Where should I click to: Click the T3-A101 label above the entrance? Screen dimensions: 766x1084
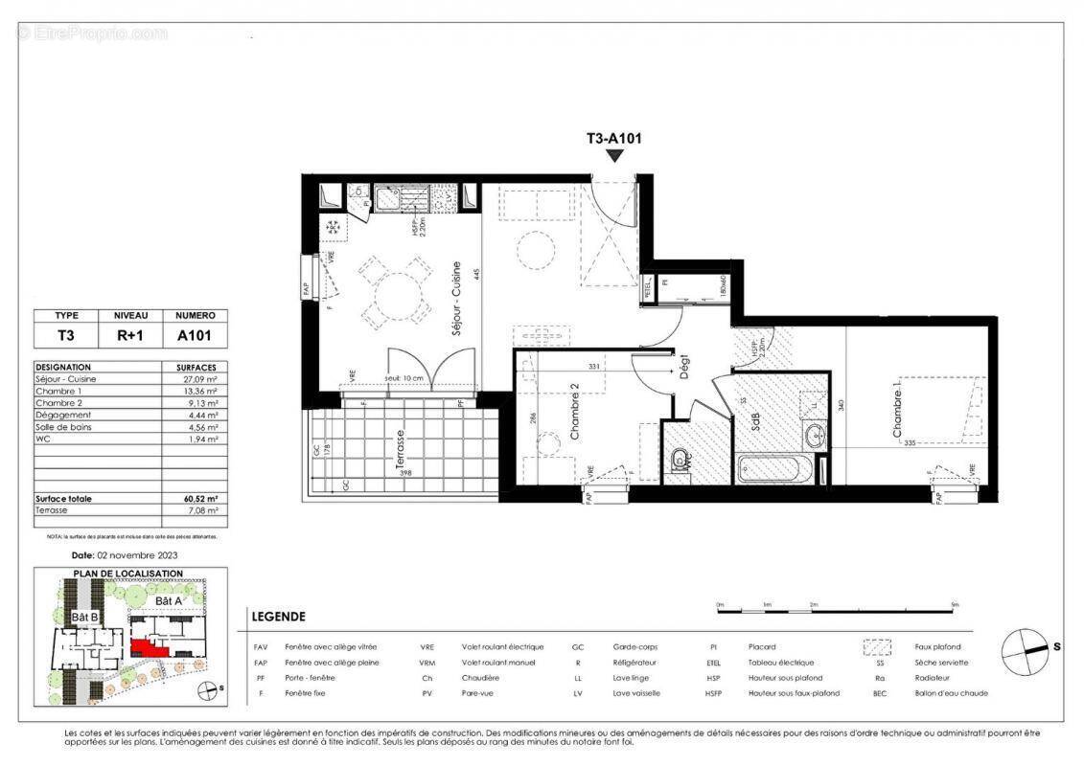[613, 138]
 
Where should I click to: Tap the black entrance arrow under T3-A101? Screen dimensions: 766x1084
[614, 155]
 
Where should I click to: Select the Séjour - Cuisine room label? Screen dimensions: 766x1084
[457, 297]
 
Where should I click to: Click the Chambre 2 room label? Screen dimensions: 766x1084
[575, 413]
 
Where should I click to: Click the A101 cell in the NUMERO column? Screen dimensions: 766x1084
[196, 336]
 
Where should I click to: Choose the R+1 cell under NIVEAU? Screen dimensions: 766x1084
[131, 336]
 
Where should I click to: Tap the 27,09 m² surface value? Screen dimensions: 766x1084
[196, 379]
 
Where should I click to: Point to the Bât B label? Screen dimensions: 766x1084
[85, 618]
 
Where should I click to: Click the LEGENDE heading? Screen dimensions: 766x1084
[277, 617]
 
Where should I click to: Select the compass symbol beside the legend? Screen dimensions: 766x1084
[1026, 652]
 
